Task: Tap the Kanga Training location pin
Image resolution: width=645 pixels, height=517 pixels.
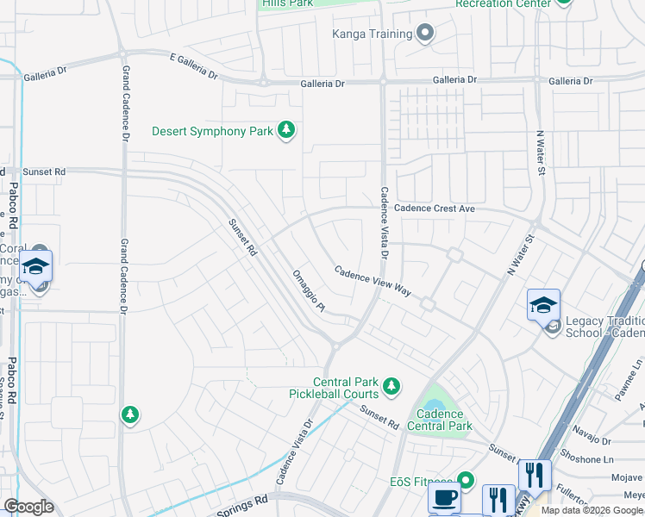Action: click(x=424, y=34)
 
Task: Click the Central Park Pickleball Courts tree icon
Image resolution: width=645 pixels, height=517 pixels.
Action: click(x=391, y=385)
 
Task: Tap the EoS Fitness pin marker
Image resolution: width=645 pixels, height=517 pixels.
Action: click(x=467, y=480)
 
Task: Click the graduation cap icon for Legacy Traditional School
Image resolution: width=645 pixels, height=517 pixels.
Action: click(x=544, y=305)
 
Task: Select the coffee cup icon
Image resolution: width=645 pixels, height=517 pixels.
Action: click(x=444, y=498)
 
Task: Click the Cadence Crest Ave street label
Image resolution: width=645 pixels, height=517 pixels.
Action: click(x=435, y=209)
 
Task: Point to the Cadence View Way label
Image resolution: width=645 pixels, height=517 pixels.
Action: click(x=372, y=279)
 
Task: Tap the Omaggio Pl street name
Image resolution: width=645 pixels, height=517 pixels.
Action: click(x=308, y=290)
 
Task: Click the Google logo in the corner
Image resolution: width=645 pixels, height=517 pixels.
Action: click(x=28, y=507)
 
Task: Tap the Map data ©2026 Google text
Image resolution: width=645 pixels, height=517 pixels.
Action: click(x=592, y=510)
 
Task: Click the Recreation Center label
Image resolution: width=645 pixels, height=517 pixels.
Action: click(x=504, y=4)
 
